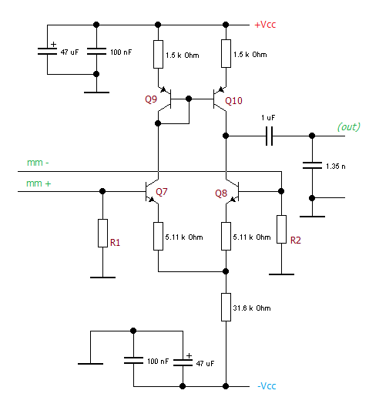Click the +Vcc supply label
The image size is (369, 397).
coord(265,25)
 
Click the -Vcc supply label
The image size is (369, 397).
coord(267,385)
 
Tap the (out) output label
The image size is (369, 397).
coord(349,126)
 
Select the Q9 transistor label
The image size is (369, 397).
coord(151,99)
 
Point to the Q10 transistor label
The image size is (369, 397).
coord(233,101)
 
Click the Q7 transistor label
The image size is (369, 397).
coord(162,191)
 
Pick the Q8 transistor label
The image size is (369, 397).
coord(221,193)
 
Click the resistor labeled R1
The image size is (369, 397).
coord(102,233)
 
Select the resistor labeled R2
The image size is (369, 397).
coord(281,229)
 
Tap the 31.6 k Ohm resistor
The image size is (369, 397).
coord(226,307)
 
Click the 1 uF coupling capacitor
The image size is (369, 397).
coord(269,136)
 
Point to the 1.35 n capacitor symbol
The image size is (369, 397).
coord(312,166)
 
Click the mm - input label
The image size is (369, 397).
coord(38,163)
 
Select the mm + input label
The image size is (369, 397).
coord(39,183)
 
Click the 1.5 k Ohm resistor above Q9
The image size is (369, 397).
coord(158,54)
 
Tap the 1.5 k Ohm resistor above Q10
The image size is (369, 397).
coord(226,53)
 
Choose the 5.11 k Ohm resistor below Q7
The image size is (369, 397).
coord(158,236)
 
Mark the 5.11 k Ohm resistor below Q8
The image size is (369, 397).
coord(226,236)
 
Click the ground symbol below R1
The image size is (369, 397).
coord(102,278)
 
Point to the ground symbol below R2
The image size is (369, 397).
coord(281,274)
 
